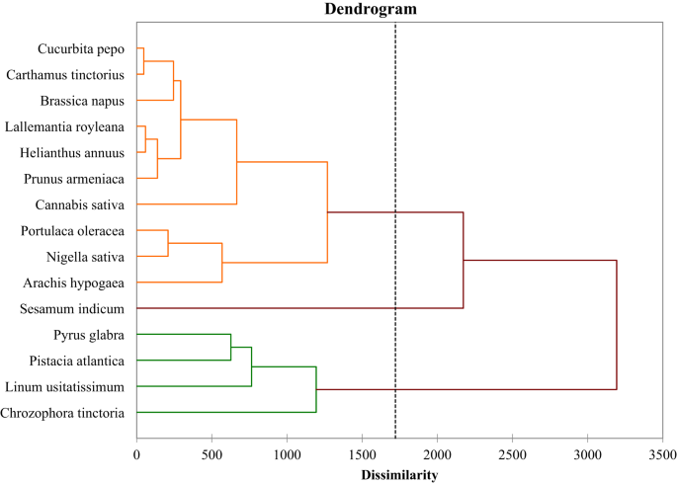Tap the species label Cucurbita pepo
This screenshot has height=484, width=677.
[81, 48]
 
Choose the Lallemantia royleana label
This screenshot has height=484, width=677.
[64, 126]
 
